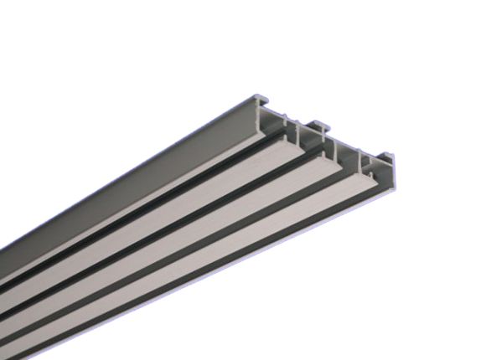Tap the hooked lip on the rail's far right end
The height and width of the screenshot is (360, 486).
(x=387, y=156)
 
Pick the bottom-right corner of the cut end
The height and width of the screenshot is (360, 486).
(x=394, y=188)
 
